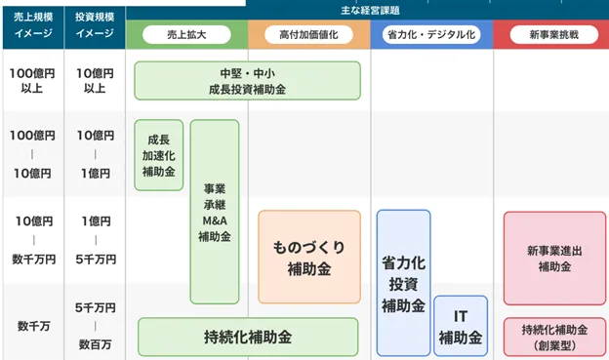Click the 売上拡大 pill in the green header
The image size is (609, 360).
click(x=186, y=34)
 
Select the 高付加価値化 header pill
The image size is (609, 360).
click(x=308, y=34)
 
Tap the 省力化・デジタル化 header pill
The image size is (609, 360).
click(x=430, y=34)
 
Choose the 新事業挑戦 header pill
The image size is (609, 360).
click(x=552, y=34)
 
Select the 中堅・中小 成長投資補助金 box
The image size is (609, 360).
click(x=247, y=81)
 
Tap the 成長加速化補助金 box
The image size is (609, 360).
click(x=158, y=155)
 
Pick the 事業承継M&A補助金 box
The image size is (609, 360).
click(x=215, y=211)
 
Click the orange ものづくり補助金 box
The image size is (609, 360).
click(x=309, y=257)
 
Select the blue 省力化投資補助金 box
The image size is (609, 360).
click(x=403, y=283)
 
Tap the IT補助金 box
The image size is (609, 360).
click(x=461, y=327)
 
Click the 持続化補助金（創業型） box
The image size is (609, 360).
click(x=553, y=337)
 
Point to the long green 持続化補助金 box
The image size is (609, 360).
click(x=248, y=337)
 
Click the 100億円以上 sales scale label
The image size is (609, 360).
click(x=32, y=81)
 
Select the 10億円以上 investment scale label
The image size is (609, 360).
click(x=95, y=81)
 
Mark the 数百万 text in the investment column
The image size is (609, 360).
click(x=95, y=343)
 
